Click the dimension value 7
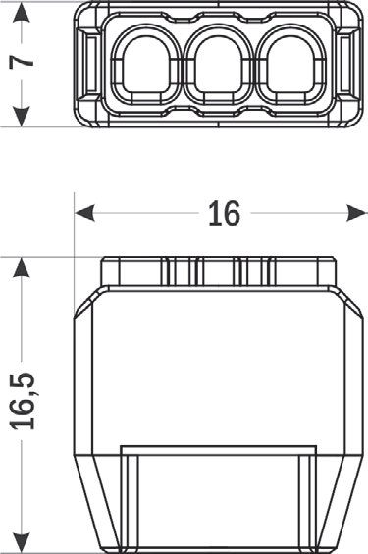[22, 62]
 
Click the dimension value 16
[224, 213]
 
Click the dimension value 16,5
[23, 401]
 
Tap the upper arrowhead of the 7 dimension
[22, 13]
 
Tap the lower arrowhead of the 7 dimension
[22, 117]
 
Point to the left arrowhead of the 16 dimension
[84, 213]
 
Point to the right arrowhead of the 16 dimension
[357, 213]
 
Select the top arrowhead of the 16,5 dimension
[22, 268]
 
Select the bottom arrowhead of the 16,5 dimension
[22, 542]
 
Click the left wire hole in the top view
[146, 66]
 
